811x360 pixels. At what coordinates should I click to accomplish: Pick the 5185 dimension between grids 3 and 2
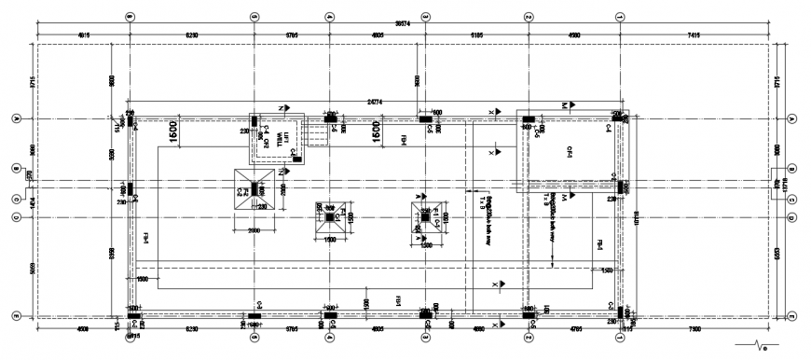coord(476,35)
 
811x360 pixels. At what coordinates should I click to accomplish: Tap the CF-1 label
coord(565,152)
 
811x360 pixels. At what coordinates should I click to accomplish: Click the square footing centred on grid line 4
coord(329,218)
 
